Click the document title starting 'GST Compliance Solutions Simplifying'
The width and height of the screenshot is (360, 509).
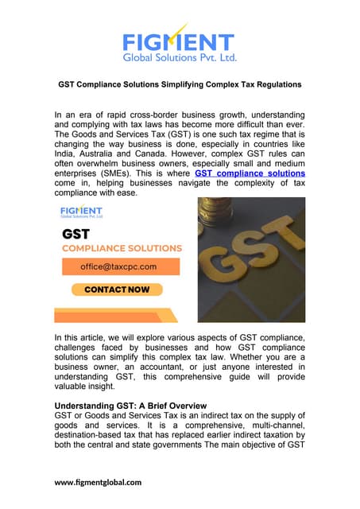180,84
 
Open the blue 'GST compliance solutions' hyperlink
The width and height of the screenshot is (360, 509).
250,173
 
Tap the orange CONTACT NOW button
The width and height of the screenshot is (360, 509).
117,289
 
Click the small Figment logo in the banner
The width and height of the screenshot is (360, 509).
82,211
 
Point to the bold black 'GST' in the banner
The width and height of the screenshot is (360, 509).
75,235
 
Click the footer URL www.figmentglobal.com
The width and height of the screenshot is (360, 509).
98,482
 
